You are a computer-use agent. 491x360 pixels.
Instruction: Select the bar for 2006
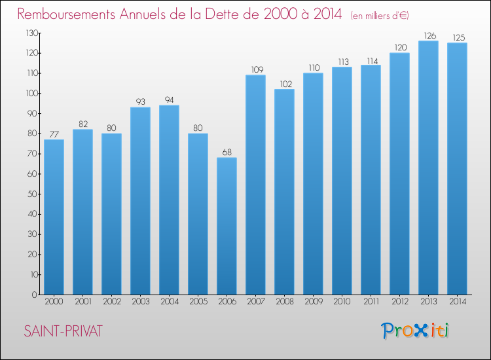point(227,226)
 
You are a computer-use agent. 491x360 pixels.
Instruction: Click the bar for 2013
point(428,168)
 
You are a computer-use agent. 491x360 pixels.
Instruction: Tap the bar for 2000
point(54,217)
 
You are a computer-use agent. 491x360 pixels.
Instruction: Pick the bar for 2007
point(255,185)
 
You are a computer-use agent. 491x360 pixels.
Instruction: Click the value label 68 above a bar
point(227,152)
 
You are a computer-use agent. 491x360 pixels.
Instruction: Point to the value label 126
point(430,36)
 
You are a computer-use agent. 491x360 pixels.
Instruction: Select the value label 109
point(257,69)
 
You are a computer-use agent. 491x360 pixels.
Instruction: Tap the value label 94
point(169,100)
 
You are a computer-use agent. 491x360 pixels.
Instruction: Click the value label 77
point(54,134)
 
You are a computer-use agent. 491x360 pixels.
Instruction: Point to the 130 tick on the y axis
point(32,33)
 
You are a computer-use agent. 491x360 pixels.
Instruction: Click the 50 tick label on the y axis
point(33,194)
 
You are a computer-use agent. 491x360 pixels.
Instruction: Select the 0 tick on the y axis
point(35,295)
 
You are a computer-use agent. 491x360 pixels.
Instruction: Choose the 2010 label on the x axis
point(342,302)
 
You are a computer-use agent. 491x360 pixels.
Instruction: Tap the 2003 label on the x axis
point(140,302)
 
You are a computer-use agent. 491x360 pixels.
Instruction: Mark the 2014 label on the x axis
point(457,302)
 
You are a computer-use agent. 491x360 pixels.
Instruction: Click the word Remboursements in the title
point(66,14)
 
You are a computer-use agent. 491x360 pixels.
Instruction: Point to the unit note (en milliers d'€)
point(380,16)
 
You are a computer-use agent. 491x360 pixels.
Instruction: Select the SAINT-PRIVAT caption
point(64,331)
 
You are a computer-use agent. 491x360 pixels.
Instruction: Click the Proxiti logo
point(415,331)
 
